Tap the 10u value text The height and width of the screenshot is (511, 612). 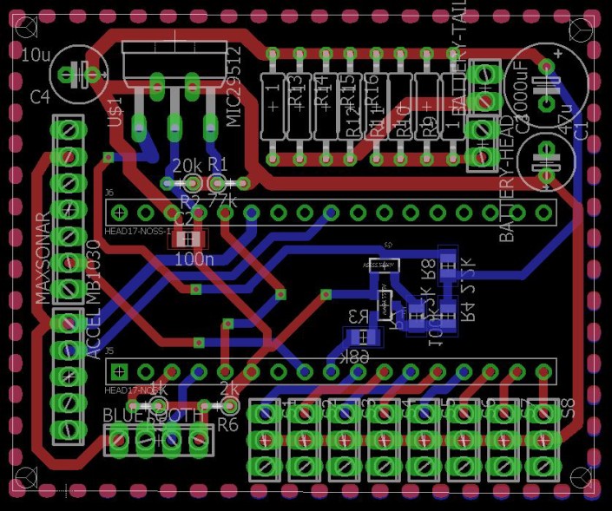pyautogui.click(x=35, y=56)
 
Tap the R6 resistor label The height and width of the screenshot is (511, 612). pyautogui.click(x=227, y=424)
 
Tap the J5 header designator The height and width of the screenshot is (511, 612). pyautogui.click(x=109, y=352)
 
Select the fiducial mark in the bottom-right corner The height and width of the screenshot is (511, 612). pyautogui.click(x=582, y=475)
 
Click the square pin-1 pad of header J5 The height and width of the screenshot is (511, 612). pyautogui.click(x=120, y=371)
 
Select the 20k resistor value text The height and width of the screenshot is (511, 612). pyautogui.click(x=187, y=165)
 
